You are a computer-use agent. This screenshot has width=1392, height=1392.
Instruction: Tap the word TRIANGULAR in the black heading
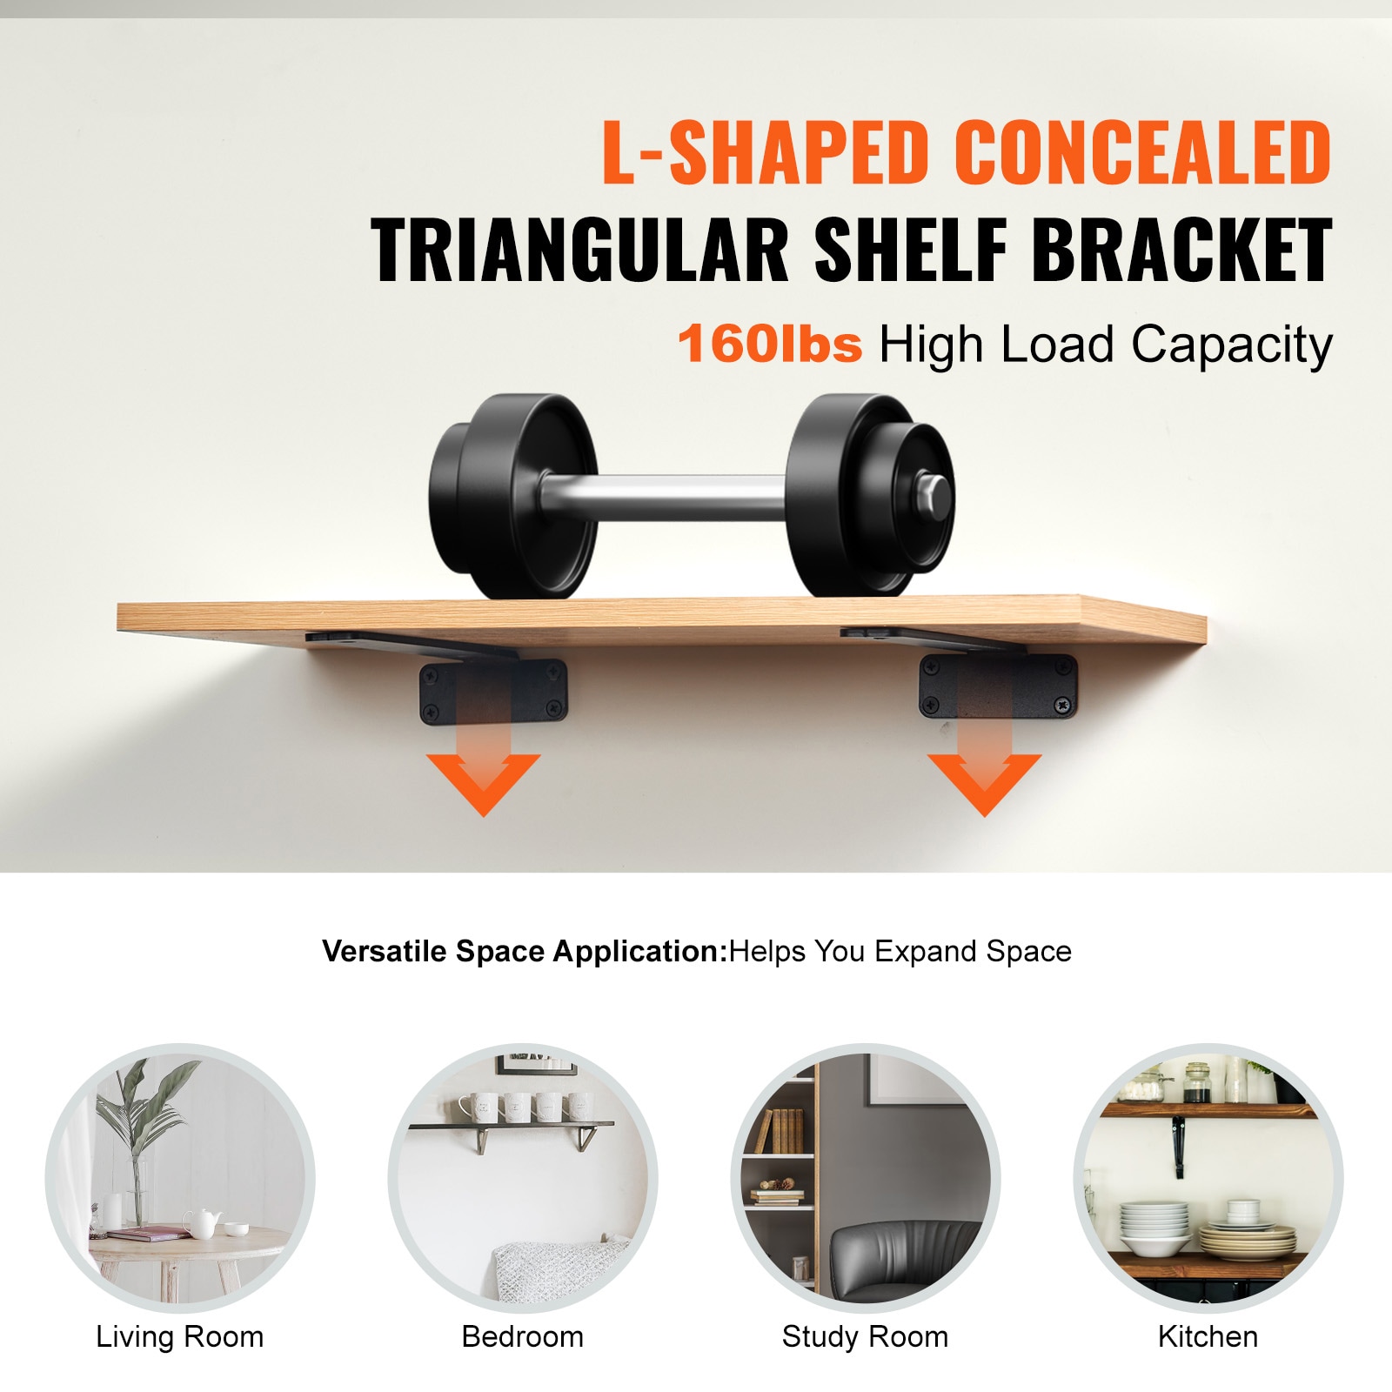[x=579, y=250]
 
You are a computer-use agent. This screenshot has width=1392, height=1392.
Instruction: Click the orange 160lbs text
[x=770, y=344]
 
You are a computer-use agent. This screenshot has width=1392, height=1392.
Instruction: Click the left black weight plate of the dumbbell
[x=513, y=496]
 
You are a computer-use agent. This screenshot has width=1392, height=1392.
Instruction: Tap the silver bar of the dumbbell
[x=666, y=498]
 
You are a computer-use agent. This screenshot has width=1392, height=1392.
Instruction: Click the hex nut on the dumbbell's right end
[x=931, y=495]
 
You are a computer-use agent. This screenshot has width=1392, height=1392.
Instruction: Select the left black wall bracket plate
[x=493, y=693]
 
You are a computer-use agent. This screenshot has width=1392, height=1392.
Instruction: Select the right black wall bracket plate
[x=999, y=686]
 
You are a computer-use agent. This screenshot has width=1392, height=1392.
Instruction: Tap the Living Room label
[x=180, y=1336]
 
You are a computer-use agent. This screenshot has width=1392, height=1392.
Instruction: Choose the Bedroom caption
[x=523, y=1336]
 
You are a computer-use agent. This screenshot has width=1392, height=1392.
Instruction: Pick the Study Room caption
[x=866, y=1336]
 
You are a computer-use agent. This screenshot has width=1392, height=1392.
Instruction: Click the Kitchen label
[x=1208, y=1336]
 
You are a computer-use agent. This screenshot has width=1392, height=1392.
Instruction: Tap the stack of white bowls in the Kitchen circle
[x=1154, y=1228]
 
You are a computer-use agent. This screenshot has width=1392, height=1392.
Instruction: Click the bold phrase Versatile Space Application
[x=524, y=952]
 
